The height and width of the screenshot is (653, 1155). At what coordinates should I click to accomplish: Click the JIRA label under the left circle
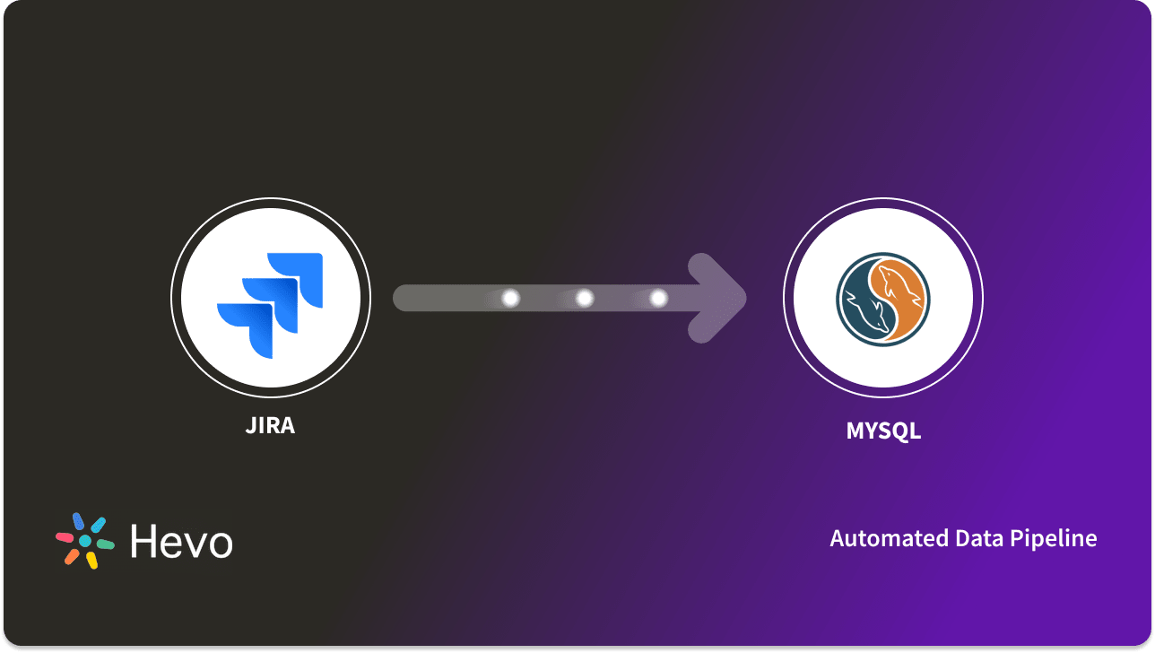(270, 425)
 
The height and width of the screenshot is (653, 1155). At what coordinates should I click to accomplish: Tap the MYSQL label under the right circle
(883, 431)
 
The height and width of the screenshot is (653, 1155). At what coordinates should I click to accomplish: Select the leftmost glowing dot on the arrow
(510, 298)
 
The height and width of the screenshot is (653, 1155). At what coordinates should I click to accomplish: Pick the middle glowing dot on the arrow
(585, 298)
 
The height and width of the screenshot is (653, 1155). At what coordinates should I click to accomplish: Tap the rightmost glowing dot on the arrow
(658, 298)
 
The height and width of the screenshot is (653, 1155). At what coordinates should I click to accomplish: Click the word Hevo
(181, 541)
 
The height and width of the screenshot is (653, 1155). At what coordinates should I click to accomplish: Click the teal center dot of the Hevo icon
(85, 541)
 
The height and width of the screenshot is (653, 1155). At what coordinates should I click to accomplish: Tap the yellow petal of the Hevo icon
(91, 560)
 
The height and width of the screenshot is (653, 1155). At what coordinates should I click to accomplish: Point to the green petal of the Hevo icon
(106, 544)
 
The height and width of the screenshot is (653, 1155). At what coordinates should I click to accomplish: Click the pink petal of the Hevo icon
(65, 537)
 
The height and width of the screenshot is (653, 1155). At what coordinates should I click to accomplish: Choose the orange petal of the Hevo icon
(72, 556)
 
